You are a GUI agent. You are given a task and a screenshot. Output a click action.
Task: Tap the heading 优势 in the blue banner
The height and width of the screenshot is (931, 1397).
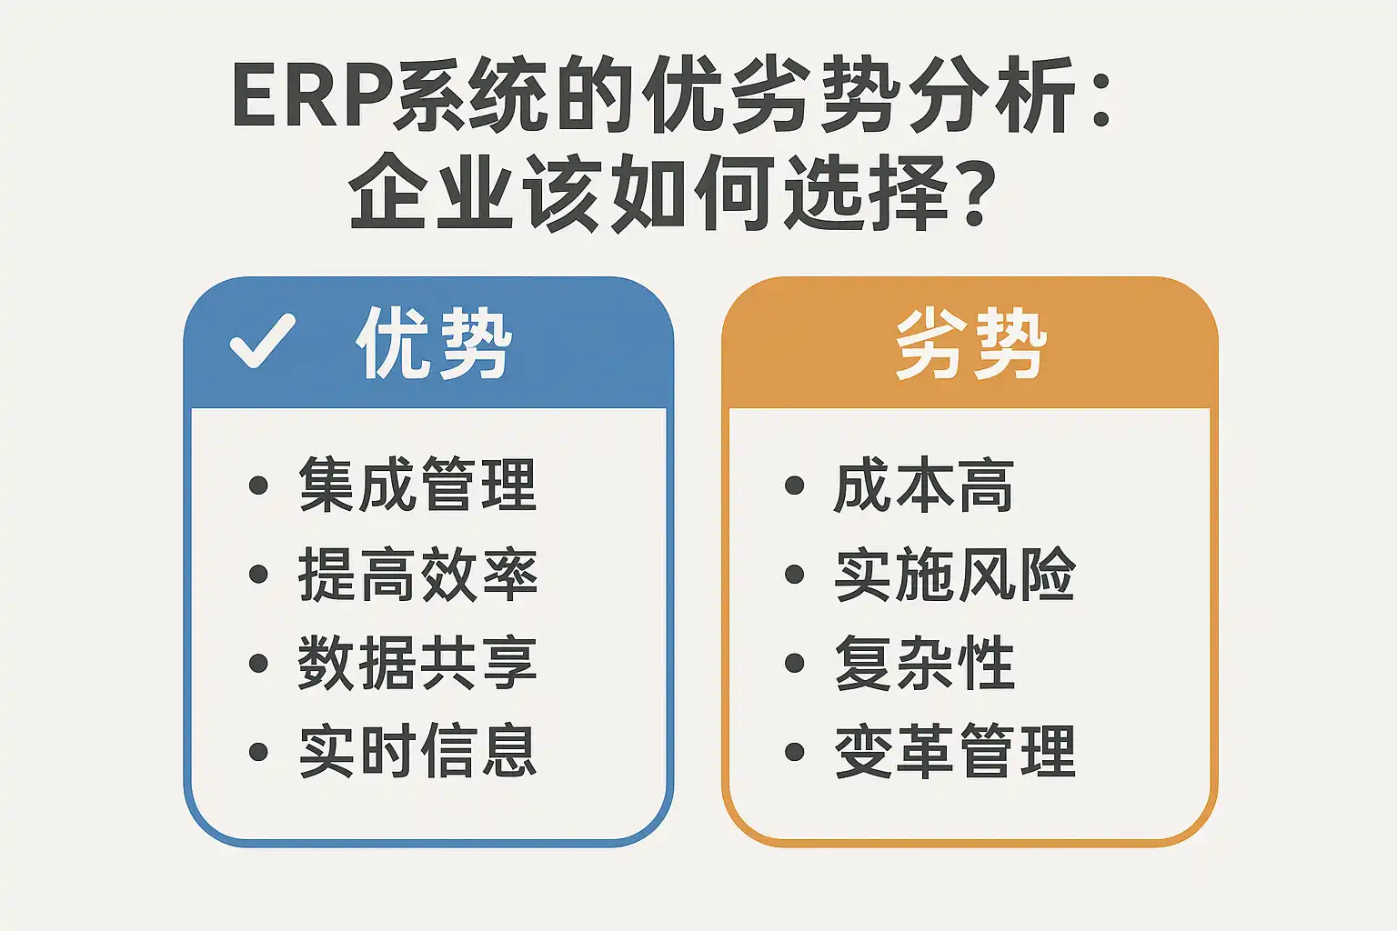(x=434, y=343)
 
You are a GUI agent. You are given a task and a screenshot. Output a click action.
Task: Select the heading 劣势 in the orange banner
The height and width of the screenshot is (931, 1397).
(x=970, y=344)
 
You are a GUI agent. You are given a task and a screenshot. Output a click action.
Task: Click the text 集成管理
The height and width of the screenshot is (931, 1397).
(x=417, y=485)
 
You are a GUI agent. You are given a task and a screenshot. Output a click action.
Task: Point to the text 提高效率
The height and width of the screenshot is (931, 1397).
(x=417, y=574)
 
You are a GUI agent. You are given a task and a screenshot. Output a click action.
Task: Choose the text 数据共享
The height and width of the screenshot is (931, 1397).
(x=417, y=662)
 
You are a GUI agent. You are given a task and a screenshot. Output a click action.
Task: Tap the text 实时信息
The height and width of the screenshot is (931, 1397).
(x=417, y=751)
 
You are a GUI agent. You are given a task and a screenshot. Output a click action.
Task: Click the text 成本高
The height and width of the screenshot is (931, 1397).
(x=924, y=485)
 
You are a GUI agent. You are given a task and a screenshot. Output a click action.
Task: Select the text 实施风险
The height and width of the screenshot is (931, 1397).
(x=955, y=574)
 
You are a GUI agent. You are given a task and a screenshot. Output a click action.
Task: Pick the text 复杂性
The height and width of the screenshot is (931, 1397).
(x=924, y=662)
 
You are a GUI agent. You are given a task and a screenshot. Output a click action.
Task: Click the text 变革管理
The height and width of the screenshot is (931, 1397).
(x=955, y=751)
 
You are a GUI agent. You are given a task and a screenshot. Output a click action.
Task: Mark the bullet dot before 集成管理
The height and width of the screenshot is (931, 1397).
(x=258, y=486)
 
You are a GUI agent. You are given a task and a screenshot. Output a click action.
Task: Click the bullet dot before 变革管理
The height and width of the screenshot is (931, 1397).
(x=795, y=751)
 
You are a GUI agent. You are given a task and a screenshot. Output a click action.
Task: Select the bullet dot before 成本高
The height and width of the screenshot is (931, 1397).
(x=795, y=486)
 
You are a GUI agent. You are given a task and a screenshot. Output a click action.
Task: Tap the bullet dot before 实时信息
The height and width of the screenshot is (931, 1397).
(x=258, y=751)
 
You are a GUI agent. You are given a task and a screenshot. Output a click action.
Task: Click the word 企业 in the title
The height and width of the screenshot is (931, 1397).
(x=431, y=192)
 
